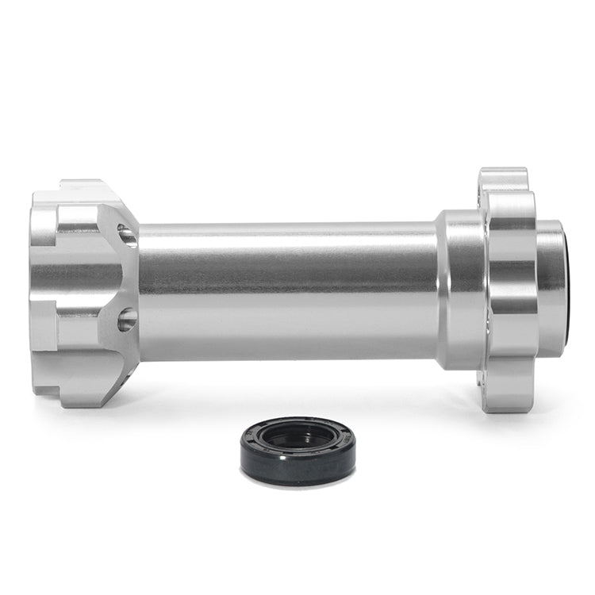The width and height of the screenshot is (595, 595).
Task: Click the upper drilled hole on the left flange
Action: [x=127, y=235]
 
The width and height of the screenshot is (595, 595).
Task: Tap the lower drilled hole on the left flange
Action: [x=127, y=320]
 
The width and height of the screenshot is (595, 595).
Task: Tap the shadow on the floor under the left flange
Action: [x=95, y=413]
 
